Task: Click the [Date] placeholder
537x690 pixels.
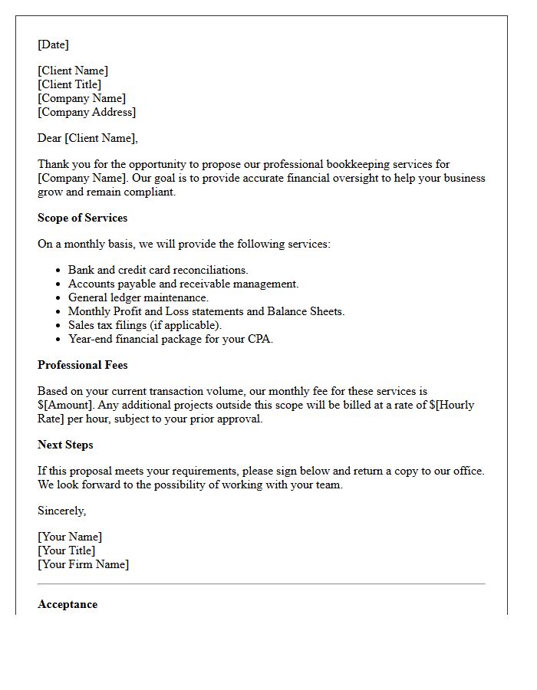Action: tap(53, 44)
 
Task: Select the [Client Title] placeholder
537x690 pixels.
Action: tap(69, 84)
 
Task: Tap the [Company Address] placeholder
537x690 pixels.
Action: tap(86, 112)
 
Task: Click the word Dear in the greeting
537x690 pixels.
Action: tap(49, 138)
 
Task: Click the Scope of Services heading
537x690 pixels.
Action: tap(82, 218)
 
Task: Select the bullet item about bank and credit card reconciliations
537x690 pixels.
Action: tap(158, 270)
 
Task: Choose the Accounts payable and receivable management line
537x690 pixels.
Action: tap(183, 284)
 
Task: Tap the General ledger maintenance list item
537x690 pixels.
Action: tap(138, 297)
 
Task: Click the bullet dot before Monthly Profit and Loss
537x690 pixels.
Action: tap(58, 311)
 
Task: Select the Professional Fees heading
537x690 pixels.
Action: tap(82, 365)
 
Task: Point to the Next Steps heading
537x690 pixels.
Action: tap(65, 445)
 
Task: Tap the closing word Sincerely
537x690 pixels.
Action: tap(61, 511)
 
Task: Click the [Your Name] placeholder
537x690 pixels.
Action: tap(70, 537)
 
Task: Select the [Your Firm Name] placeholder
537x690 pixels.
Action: tap(83, 564)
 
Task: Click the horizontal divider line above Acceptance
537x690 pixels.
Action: tap(261, 584)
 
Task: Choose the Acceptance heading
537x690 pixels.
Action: tap(68, 604)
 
